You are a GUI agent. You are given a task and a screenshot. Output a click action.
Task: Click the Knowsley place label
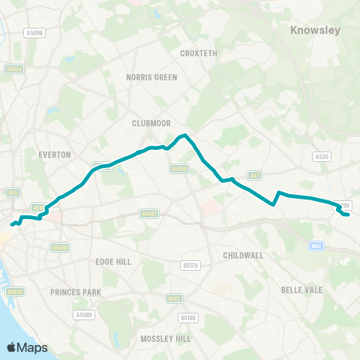pyautogui.click(x=315, y=31)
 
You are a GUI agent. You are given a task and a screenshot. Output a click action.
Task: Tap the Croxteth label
pyautogui.click(x=198, y=53)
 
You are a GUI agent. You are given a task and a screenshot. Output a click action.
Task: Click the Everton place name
pyautogui.click(x=54, y=154)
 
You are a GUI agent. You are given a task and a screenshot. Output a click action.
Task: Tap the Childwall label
pyautogui.click(x=243, y=255)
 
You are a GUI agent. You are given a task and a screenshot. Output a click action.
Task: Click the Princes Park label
pyautogui.click(x=75, y=291)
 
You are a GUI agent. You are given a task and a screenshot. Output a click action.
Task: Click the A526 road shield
pyautogui.click(x=322, y=156)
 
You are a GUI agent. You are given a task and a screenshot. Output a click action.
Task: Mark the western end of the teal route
pyautogui.click(x=11, y=223)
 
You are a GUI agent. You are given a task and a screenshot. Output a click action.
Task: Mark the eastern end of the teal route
pyautogui.click(x=348, y=215)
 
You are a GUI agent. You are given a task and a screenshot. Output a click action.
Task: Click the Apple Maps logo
pyautogui.click(x=27, y=347)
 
